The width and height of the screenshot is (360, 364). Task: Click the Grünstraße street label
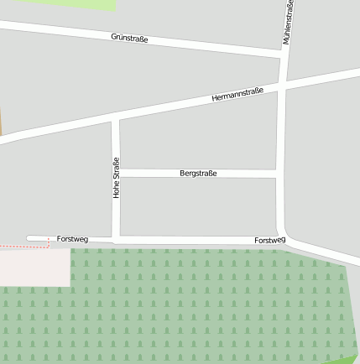tap(129, 38)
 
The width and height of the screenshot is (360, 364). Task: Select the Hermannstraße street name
tap(237, 94)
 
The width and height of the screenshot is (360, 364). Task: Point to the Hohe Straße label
tap(117, 178)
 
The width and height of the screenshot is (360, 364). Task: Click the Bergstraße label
tap(198, 173)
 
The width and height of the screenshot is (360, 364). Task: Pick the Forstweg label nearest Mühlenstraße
tap(269, 241)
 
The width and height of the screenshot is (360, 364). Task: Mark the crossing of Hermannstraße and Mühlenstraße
tap(282, 86)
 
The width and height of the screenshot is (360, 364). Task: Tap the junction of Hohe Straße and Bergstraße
tap(117, 173)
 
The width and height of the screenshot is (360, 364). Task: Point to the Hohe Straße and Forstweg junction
tap(117, 240)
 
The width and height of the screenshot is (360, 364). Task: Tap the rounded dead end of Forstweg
tap(30, 239)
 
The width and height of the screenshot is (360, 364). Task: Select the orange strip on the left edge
tap(1, 122)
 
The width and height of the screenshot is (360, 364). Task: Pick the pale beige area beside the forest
tap(34, 267)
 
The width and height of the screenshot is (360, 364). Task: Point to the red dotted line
tap(25, 247)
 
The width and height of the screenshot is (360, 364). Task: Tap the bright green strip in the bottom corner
tap(347, 359)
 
